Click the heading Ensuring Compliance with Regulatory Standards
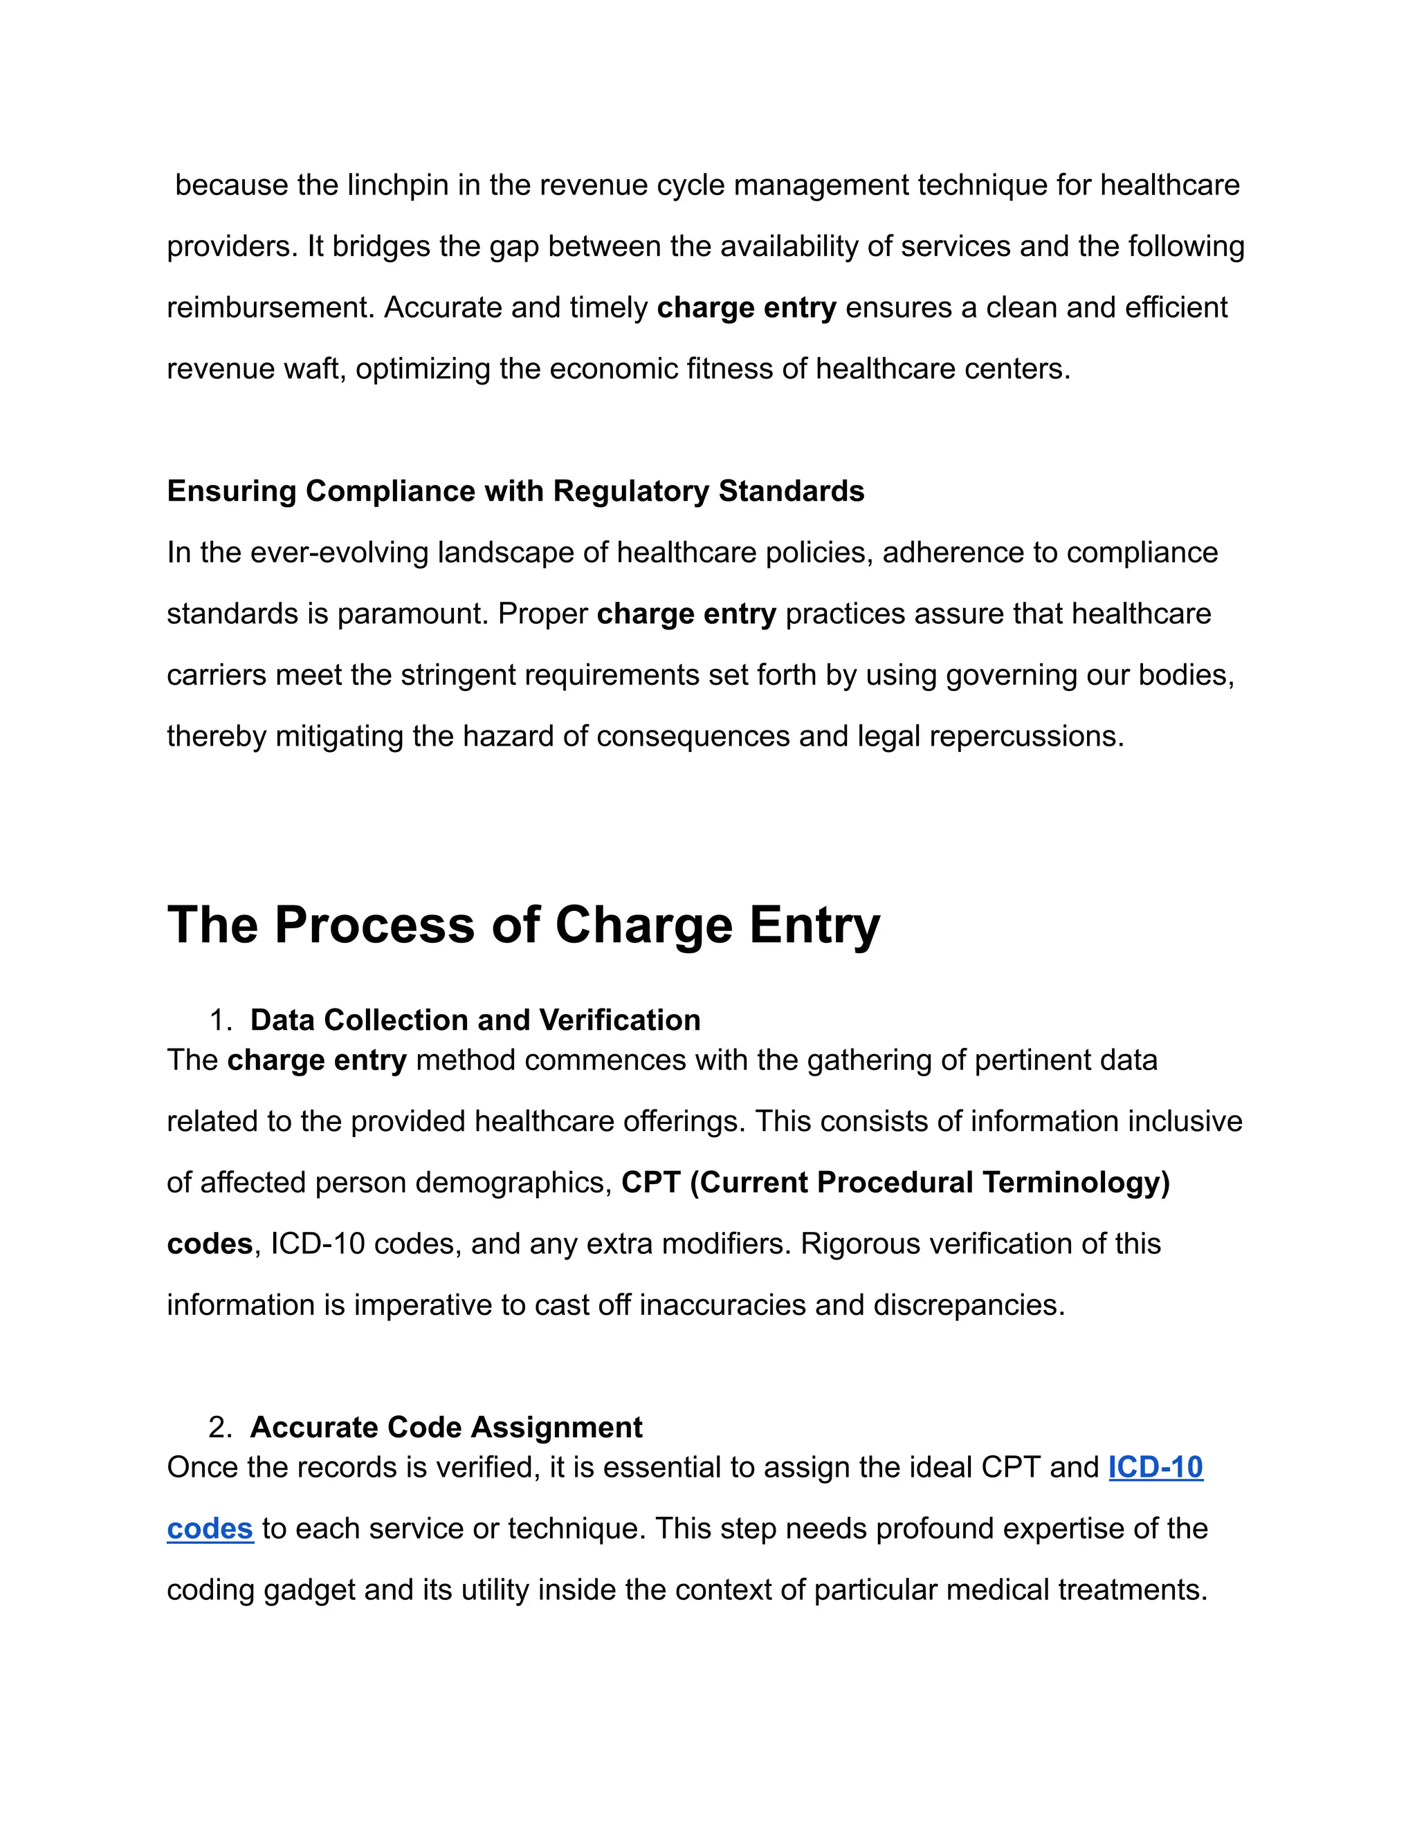point(515,491)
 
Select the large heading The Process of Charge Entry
point(524,925)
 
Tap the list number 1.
point(219,1020)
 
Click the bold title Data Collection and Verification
point(475,1020)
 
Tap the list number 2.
point(219,1428)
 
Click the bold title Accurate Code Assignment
point(446,1428)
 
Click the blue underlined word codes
point(210,1529)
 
